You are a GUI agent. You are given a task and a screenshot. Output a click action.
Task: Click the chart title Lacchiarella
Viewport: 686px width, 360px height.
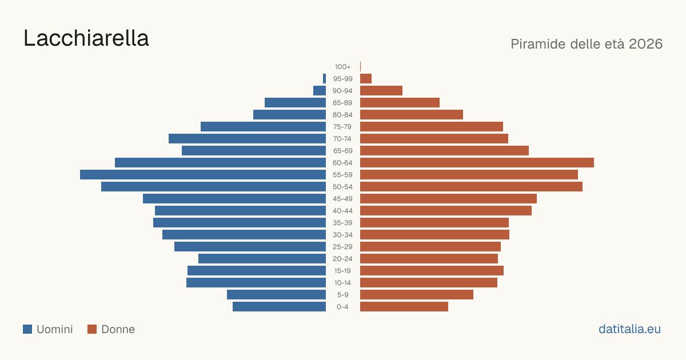pyautogui.click(x=86, y=38)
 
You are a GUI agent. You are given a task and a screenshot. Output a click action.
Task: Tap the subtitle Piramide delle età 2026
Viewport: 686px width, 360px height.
pyautogui.click(x=587, y=44)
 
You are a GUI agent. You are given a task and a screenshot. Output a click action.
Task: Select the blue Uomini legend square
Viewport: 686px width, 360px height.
pyautogui.click(x=27, y=329)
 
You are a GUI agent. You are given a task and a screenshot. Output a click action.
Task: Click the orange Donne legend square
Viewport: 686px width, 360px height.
pyautogui.click(x=92, y=329)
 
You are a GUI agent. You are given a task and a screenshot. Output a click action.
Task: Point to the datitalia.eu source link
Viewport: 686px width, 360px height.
pyautogui.click(x=629, y=329)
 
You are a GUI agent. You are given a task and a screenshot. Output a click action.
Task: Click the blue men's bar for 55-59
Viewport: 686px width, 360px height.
pyautogui.click(x=203, y=174)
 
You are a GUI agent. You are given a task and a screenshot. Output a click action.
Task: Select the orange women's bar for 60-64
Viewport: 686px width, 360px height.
pyautogui.click(x=477, y=162)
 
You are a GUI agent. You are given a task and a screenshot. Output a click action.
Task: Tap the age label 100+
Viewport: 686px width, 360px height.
pyautogui.click(x=342, y=67)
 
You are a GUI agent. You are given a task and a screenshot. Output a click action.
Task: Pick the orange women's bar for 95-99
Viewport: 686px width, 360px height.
pyautogui.click(x=366, y=79)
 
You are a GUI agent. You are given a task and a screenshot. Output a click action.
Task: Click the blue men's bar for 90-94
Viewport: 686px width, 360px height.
pyautogui.click(x=320, y=91)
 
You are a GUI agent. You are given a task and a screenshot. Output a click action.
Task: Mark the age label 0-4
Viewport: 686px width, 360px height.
pyautogui.click(x=342, y=307)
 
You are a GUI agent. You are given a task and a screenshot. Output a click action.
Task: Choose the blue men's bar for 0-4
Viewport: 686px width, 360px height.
pyautogui.click(x=280, y=307)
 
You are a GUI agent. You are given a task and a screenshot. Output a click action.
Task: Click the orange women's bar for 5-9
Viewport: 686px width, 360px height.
pyautogui.click(x=417, y=294)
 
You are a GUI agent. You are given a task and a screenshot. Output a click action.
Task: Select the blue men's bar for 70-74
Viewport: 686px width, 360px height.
pyautogui.click(x=247, y=139)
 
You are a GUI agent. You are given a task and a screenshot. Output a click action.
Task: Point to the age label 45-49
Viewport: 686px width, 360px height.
pyautogui.click(x=342, y=199)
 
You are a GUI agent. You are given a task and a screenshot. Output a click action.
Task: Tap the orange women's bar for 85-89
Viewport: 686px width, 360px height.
pyautogui.click(x=400, y=102)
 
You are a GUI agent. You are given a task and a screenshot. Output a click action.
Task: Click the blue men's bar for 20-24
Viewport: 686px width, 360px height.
pyautogui.click(x=262, y=259)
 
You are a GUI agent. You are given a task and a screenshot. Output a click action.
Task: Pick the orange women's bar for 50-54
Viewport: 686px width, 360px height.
pyautogui.click(x=471, y=187)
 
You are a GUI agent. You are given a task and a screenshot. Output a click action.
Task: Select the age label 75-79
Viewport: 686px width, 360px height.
pyautogui.click(x=342, y=127)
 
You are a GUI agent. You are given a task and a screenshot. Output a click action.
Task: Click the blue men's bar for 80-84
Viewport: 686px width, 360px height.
pyautogui.click(x=289, y=114)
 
